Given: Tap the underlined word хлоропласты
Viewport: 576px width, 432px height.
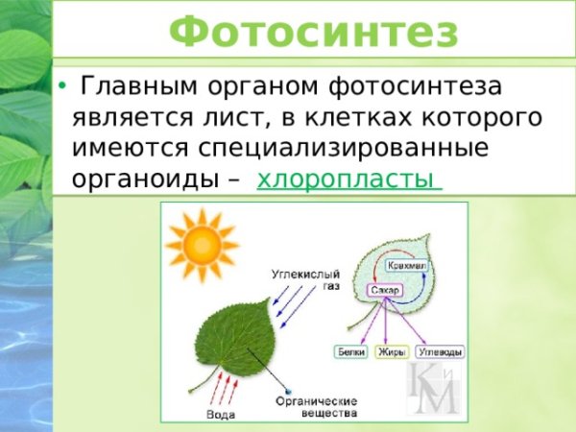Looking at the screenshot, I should pos(348,180).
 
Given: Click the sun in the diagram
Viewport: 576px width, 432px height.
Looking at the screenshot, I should pos(201,245).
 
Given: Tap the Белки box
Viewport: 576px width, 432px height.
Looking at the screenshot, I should pos(350,352).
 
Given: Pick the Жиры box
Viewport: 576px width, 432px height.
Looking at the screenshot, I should pos(395,352).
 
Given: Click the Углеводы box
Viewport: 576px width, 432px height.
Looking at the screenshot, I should pos(443,352).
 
